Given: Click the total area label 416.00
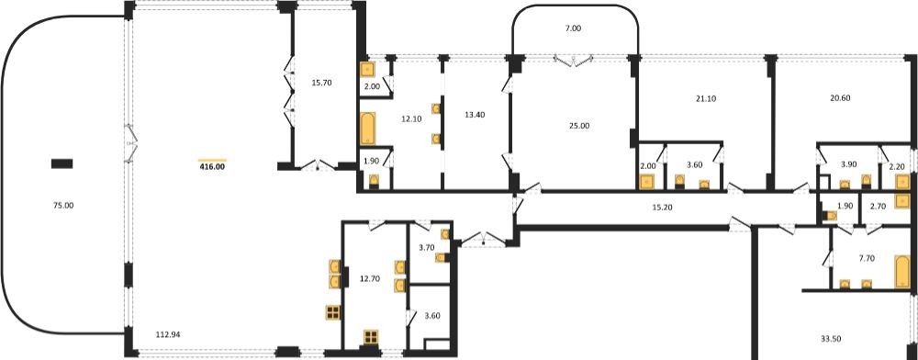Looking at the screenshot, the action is click(x=212, y=167).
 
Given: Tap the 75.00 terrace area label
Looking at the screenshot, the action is click(x=63, y=206).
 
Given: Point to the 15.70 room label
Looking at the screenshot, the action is click(x=322, y=84).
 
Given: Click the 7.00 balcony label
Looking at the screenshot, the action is click(x=575, y=28).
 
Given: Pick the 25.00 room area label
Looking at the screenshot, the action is click(x=579, y=126).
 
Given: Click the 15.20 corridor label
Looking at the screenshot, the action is click(x=662, y=207).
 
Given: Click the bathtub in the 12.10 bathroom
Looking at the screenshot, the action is click(x=367, y=129).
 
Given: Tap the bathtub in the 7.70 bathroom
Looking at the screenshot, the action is click(x=902, y=272).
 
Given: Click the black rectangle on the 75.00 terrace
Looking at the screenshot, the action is click(x=62, y=163).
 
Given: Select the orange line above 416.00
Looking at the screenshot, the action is click(x=212, y=160).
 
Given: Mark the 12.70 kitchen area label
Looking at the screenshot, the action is click(x=370, y=279).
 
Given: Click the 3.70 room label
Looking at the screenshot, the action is click(x=427, y=248).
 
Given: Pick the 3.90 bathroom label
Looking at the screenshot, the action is click(x=848, y=165).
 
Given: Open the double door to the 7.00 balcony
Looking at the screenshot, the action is click(x=574, y=61).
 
